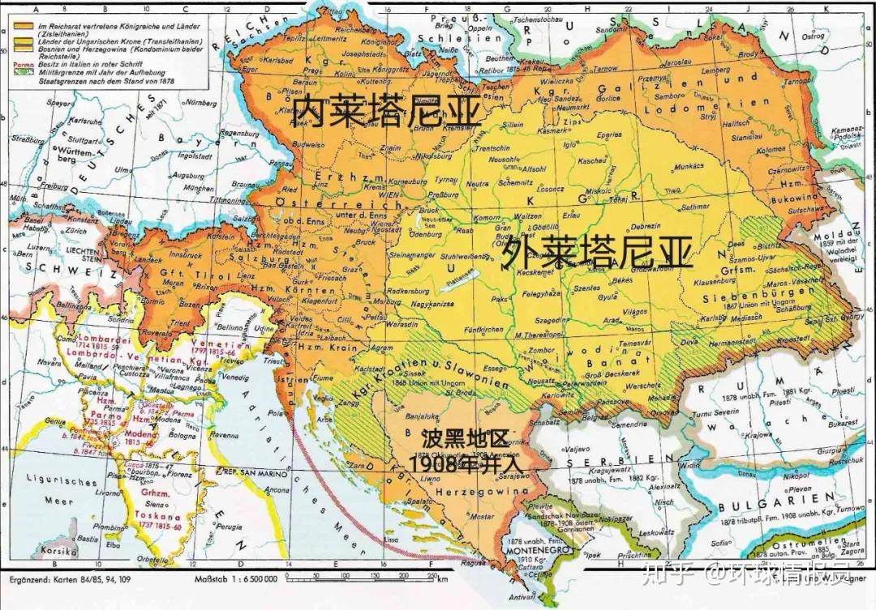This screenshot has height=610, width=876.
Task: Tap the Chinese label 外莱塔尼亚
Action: [x=598, y=254]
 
